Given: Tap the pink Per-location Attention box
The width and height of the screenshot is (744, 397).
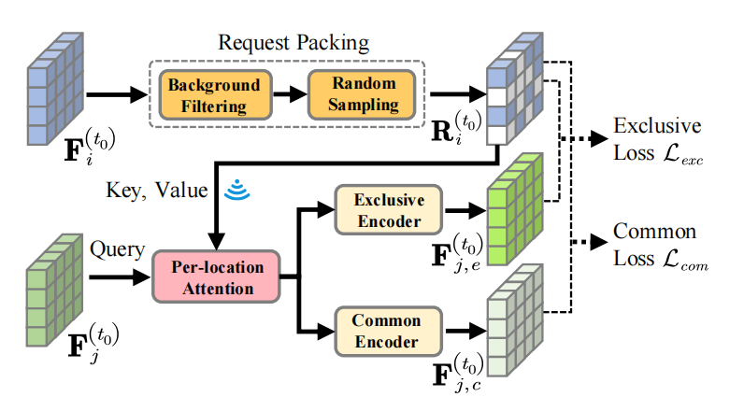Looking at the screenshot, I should (x=217, y=277).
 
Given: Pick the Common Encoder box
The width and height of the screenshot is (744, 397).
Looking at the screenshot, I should (x=387, y=332).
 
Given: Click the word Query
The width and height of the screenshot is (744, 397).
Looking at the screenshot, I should (x=117, y=250).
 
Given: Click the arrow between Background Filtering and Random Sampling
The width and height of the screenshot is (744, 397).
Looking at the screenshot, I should (x=287, y=94).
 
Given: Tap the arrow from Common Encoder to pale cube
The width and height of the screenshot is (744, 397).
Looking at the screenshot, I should (x=459, y=332).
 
